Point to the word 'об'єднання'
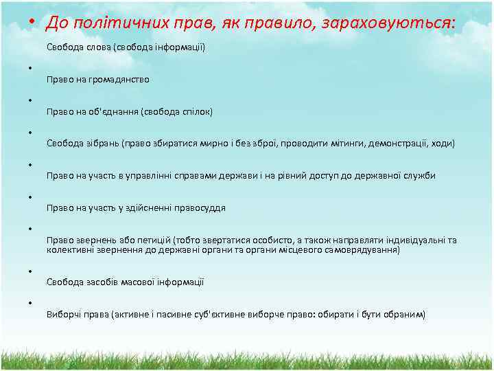point(116,111)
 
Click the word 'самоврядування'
point(364,250)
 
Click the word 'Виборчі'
point(62,315)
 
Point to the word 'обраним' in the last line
point(406,315)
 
